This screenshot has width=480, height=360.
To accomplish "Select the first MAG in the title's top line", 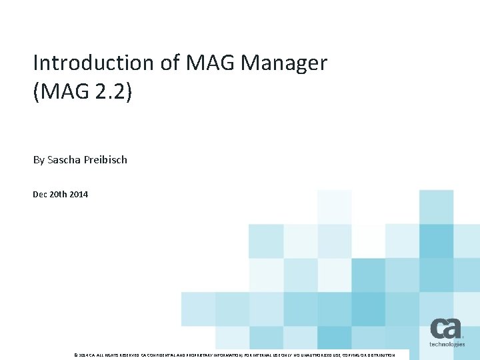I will [207, 63].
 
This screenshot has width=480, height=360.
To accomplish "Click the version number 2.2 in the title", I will [109, 92].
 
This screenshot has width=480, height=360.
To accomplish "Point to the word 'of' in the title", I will [167, 63].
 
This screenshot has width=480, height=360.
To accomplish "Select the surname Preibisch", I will [106, 160].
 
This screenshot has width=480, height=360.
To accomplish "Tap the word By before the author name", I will [39, 160].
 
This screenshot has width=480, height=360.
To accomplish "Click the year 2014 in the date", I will [78, 195].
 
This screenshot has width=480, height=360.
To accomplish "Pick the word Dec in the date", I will [40, 195].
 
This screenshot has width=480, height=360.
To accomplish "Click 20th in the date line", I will [59, 195].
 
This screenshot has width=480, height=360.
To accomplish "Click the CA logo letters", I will [445, 329].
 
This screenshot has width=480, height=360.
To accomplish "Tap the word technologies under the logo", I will [447, 345].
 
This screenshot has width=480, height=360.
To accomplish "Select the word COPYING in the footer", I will [346, 355].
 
